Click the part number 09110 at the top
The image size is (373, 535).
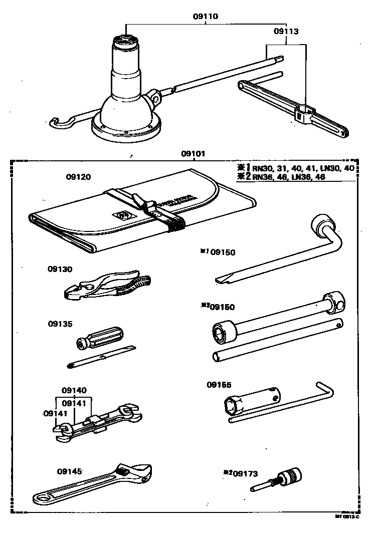click(206, 17)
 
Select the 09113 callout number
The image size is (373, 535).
click(286, 31)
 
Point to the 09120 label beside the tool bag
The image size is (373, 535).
click(78, 177)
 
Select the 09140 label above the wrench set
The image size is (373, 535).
click(74, 390)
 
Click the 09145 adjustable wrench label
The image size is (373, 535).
click(69, 471)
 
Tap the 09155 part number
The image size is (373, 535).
click(220, 385)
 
